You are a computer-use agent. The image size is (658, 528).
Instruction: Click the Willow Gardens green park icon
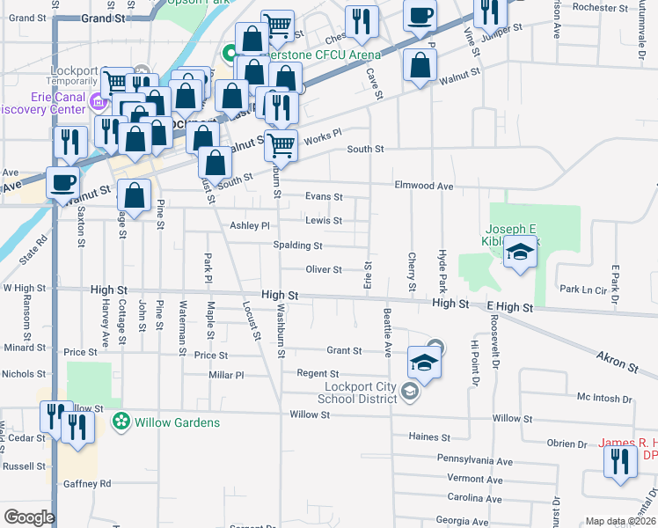[121, 422]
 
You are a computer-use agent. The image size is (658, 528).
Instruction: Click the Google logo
[29, 517]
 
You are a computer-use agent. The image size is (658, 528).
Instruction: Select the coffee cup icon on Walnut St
[62, 181]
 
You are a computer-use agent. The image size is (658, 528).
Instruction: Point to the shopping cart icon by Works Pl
[281, 144]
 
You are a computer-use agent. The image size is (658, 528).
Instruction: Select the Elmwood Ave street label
[423, 187]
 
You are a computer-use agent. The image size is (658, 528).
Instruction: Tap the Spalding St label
[297, 246]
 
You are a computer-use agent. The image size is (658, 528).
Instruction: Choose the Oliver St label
[323, 269]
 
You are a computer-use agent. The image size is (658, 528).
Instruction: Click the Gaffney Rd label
[87, 484]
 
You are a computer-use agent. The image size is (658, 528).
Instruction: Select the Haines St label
[430, 436]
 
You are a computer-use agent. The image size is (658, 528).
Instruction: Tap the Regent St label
[318, 374]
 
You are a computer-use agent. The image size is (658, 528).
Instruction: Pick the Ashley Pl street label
[250, 226]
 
